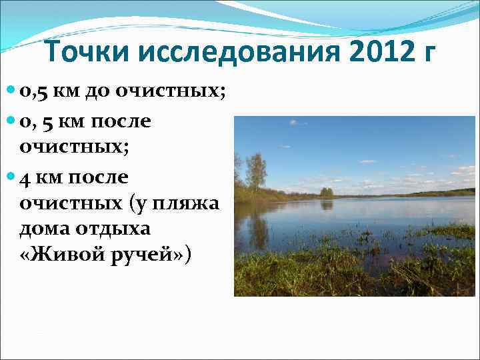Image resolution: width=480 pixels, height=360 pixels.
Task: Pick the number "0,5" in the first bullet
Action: pos(35,92)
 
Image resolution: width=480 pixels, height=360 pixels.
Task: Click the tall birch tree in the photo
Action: pos(255,171)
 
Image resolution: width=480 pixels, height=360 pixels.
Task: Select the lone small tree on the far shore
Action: pos(326,192)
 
